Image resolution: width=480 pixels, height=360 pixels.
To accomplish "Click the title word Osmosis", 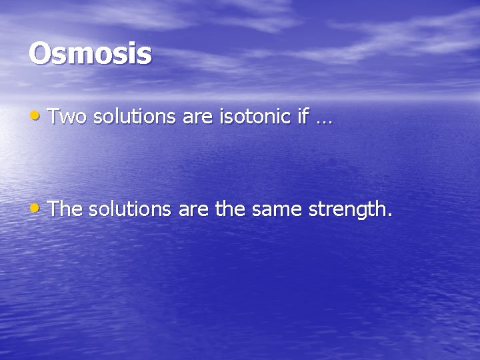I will click(90, 53).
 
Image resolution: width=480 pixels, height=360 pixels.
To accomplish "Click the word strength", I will click(348, 211).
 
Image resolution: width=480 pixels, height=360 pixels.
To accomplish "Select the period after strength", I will click(390, 216).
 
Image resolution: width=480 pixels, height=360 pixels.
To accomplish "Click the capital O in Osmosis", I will click(40, 53).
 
